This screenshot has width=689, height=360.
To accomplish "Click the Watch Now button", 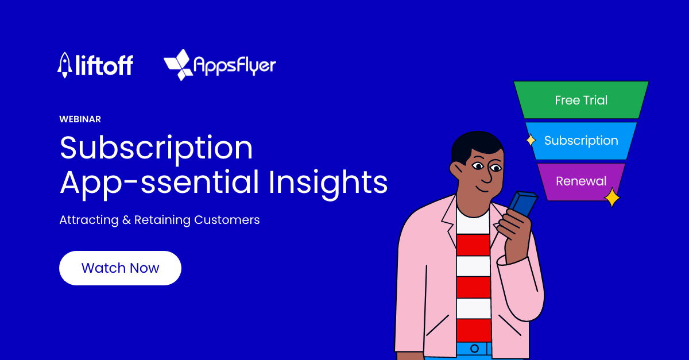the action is pos(120,268).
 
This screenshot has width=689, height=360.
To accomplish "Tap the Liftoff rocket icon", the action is pos(64,65).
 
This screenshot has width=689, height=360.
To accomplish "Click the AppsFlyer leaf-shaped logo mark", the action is pos(179,65).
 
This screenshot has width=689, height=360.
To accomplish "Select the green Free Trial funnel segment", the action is pos(581,100).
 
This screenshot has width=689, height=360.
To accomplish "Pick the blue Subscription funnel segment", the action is pos(581,141).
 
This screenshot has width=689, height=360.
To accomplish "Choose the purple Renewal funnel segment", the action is pos(581,181).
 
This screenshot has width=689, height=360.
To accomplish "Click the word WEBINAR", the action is pos(80,119).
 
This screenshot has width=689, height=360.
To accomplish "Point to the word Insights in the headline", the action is pos(328,183).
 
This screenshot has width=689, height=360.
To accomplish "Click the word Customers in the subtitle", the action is pos(227,220).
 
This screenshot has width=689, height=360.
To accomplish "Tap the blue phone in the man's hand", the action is pos(523,204).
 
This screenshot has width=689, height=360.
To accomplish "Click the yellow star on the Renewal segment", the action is pos(612,198).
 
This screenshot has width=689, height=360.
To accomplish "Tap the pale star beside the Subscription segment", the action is pos(531,140).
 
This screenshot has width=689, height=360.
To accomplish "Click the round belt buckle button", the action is pos(475,349).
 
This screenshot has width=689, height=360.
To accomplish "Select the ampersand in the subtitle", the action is pos(126,220).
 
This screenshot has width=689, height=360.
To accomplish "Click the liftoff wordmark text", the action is pos(104,65).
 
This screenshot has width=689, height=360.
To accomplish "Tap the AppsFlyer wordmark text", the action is pos(235,65).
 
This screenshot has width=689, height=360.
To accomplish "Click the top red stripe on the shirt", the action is pos(473,245).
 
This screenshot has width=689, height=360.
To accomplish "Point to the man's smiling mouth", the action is pos(482,189).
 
